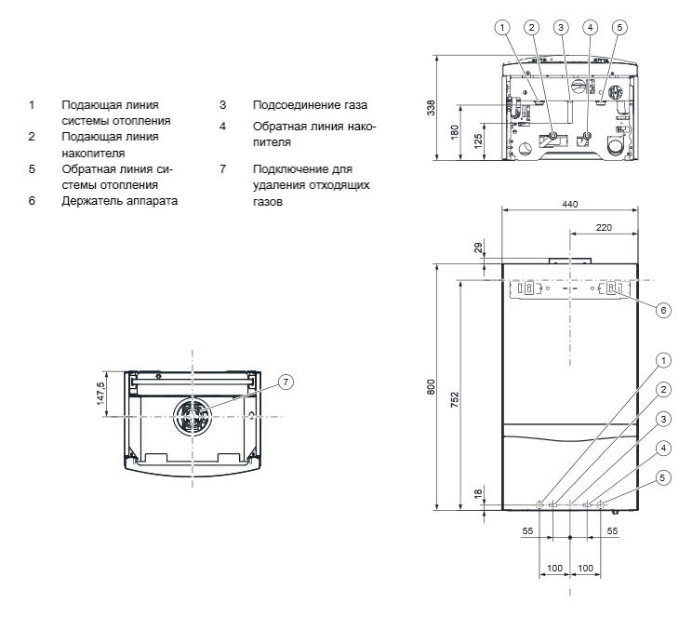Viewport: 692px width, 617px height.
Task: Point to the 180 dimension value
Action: pos(454,131)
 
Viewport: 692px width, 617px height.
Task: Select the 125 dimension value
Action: pos(477,141)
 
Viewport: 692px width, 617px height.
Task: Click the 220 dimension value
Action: pos(603,226)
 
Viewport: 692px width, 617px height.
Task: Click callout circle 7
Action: pos(286,381)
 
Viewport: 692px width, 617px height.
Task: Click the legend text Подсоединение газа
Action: pos(302,105)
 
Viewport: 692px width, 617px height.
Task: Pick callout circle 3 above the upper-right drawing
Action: pos(560,26)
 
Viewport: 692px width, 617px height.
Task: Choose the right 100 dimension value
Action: pos(584,568)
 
